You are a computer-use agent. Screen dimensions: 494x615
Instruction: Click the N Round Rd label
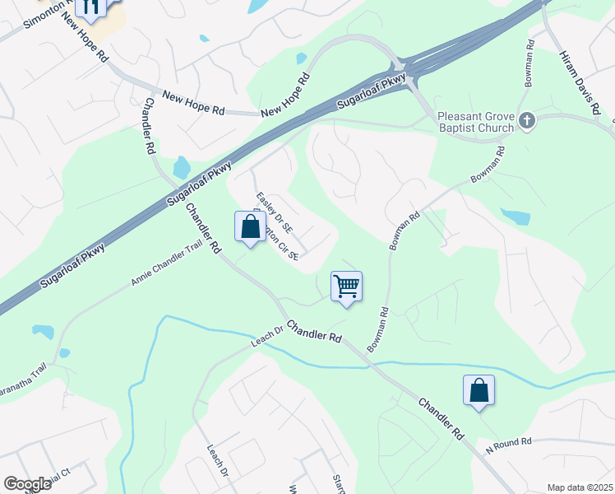point(508,443)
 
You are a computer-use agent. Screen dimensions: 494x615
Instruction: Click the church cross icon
point(527,122)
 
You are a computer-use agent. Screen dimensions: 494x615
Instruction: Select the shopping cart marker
point(347,287)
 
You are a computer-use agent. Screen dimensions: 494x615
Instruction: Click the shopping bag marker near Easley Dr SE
point(249,226)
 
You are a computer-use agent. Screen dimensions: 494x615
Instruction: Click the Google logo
point(27,484)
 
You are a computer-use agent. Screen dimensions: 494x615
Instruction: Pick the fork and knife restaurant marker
point(91,7)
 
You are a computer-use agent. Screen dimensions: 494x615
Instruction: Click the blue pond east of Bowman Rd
point(515,217)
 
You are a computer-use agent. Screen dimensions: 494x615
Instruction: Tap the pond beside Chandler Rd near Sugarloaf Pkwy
point(182,167)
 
